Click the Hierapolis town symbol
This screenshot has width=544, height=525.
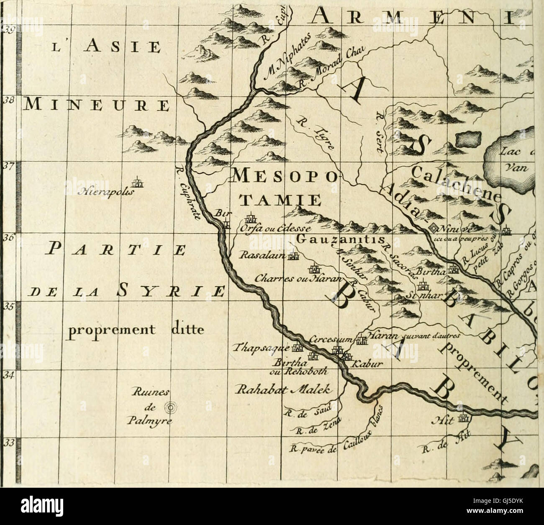pyautogui.click(x=136, y=183)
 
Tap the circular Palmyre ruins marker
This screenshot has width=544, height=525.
pyautogui.click(x=170, y=406)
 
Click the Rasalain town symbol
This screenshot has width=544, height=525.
pyautogui.click(x=295, y=256)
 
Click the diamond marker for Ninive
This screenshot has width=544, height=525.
pyautogui.click(x=434, y=228)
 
